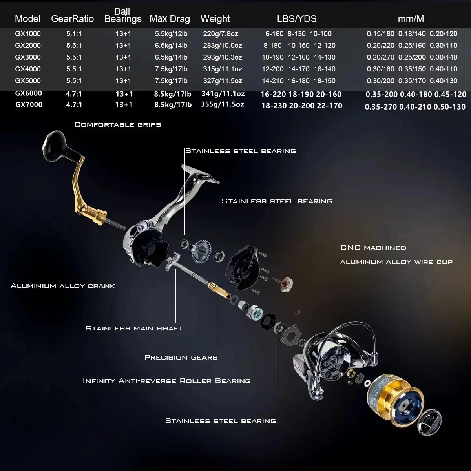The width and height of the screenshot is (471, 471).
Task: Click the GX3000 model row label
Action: [x=28, y=57]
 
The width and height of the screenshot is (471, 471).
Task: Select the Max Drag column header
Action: [x=170, y=19]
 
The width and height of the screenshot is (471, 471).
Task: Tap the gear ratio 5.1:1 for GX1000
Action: [x=74, y=34]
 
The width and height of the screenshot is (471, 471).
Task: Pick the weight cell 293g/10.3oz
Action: [x=223, y=57]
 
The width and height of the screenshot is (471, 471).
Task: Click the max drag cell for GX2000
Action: [x=171, y=46]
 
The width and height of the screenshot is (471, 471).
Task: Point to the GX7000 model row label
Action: [x=29, y=105]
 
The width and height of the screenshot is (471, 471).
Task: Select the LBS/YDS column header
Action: [x=297, y=19]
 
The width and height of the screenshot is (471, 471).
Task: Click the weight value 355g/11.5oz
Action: [x=223, y=104]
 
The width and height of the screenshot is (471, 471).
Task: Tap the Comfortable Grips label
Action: [x=118, y=125]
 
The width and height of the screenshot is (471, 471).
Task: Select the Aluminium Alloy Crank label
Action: [x=63, y=286]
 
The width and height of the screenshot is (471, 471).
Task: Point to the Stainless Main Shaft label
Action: [x=134, y=328]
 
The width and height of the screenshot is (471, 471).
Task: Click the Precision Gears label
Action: [x=181, y=357]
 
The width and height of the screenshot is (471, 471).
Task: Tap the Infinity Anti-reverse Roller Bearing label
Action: [x=167, y=381]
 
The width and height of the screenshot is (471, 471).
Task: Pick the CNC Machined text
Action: [x=373, y=248]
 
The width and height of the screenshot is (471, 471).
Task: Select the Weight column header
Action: [x=215, y=19]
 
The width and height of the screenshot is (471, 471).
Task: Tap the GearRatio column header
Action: [x=73, y=19]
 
